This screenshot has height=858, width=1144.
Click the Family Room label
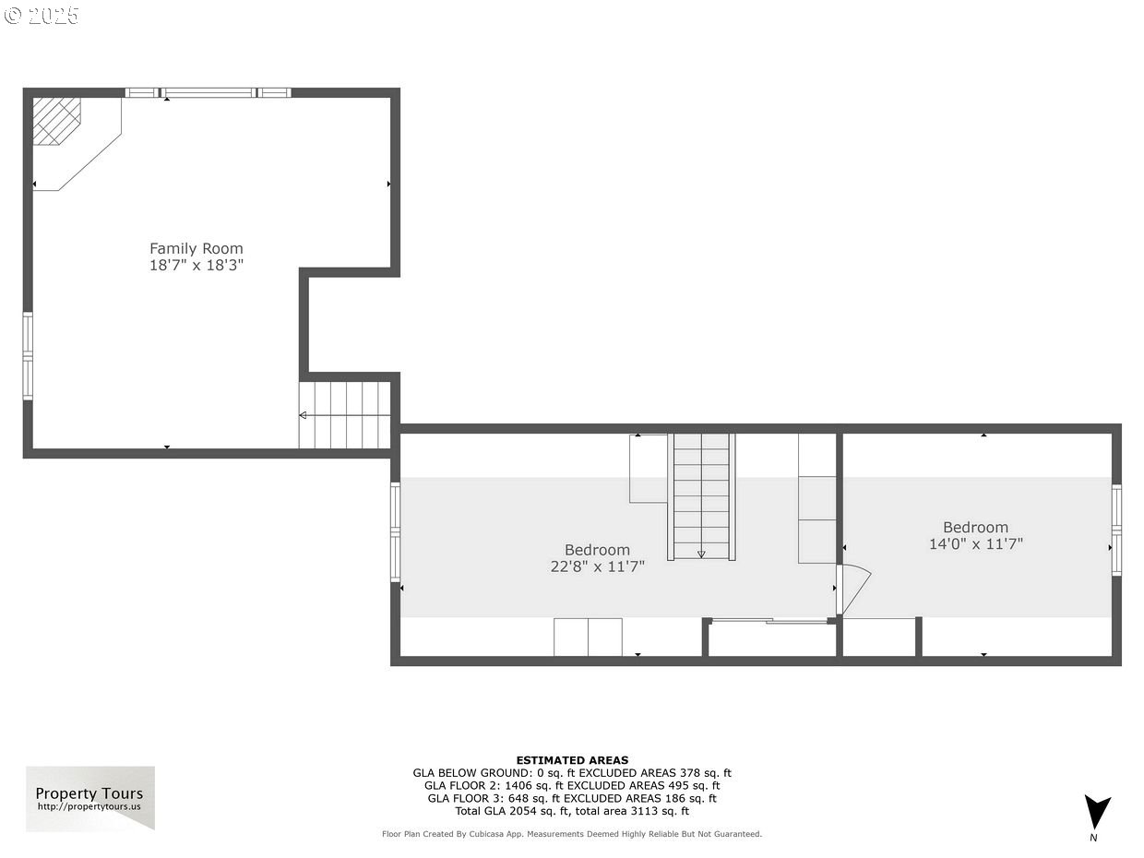pyautogui.click(x=196, y=248)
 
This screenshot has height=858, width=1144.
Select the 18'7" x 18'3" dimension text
pyautogui.click(x=197, y=265)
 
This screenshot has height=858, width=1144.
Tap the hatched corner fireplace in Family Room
pyautogui.click(x=56, y=122)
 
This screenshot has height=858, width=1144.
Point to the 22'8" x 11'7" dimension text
pyautogui.click(x=597, y=566)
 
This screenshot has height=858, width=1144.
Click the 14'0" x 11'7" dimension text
pyautogui.click(x=976, y=544)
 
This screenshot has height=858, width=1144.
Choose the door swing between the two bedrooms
pyautogui.click(x=853, y=590)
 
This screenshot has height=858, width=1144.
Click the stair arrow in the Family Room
pyautogui.click(x=344, y=415)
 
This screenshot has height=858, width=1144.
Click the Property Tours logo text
pyautogui.click(x=89, y=793)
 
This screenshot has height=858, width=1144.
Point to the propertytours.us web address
pyautogui.click(x=89, y=806)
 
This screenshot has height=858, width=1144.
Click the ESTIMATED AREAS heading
pyautogui.click(x=572, y=760)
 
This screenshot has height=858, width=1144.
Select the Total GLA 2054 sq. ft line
pyautogui.click(x=572, y=811)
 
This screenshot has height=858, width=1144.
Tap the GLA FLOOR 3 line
pyautogui.click(x=572, y=798)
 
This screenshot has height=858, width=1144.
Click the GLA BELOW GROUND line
pyautogui.click(x=572, y=772)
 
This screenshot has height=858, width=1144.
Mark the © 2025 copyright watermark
pyautogui.click(x=42, y=15)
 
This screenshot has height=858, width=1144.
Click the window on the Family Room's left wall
pyautogui.click(x=28, y=356)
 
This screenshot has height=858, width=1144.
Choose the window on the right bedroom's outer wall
pyautogui.click(x=1116, y=530)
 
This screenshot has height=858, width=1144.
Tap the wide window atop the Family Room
pyautogui.click(x=208, y=93)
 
